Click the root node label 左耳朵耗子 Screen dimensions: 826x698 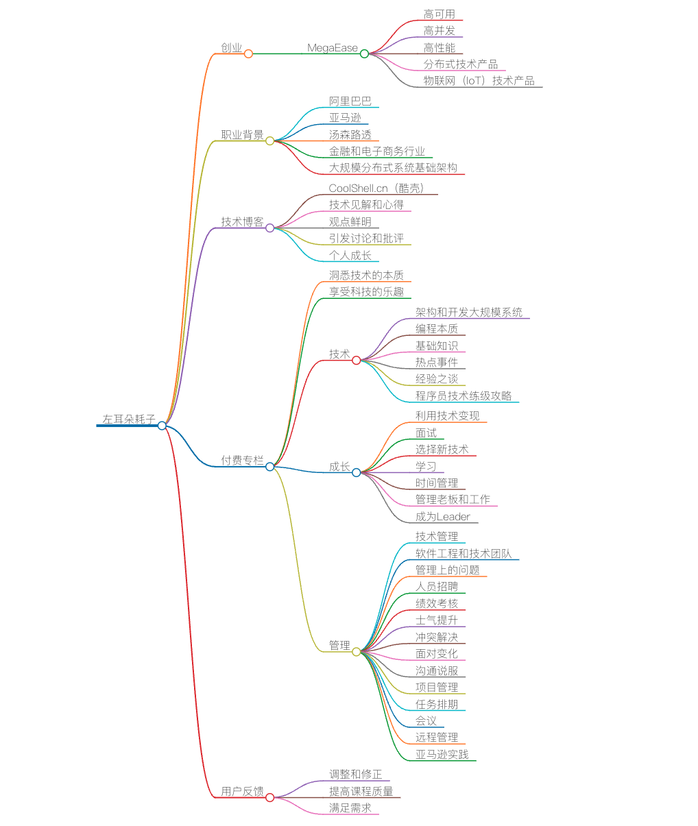click(128, 419)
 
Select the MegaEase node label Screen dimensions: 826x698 click(333, 48)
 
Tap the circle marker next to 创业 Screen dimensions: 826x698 click(248, 53)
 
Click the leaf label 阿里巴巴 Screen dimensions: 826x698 click(350, 101)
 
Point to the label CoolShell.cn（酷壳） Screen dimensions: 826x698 click(376, 188)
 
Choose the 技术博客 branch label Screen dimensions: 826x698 click(242, 221)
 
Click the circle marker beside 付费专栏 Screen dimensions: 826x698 click(269, 467)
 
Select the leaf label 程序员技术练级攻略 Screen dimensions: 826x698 click(463, 396)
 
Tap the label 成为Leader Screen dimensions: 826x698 click(442, 517)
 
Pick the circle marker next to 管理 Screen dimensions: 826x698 click(356, 652)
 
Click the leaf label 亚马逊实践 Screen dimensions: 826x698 click(442, 754)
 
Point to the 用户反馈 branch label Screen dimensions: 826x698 click(242, 791)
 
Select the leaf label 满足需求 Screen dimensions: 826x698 click(350, 808)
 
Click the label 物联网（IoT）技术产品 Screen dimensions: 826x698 click(479, 81)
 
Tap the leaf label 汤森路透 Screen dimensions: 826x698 click(350, 135)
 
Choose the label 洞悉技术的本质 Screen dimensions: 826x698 click(366, 275)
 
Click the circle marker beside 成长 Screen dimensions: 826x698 click(356, 472)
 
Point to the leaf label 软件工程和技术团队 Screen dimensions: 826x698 click(463, 553)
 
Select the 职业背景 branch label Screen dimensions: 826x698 click(242, 135)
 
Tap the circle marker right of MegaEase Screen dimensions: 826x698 click(364, 53)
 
